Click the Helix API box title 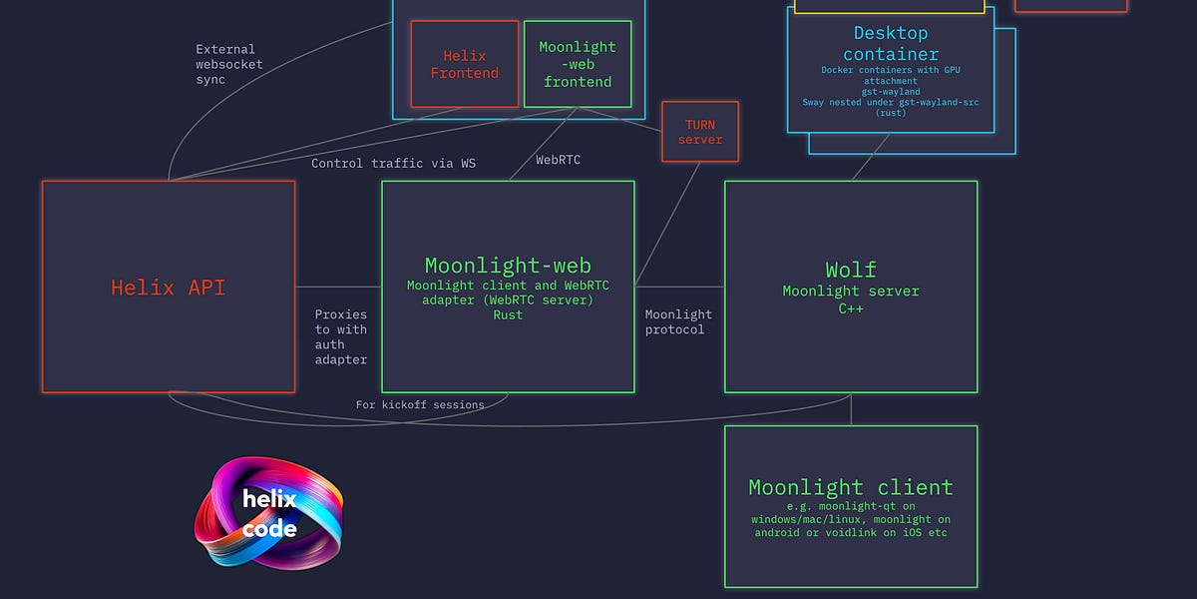[168, 288]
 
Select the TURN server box [699, 132]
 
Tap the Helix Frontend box [464, 64]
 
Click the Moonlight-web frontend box [577, 64]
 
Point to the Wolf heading [850, 270]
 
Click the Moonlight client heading [850, 487]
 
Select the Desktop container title [890, 44]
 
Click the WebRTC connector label [558, 160]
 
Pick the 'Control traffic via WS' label [393, 163]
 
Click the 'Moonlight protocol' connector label [678, 321]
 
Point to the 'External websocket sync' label [229, 64]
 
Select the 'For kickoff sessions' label [419, 404]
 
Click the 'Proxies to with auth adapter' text [341, 336]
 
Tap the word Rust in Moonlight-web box [508, 314]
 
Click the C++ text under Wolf [850, 308]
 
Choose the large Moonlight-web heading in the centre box [508, 266]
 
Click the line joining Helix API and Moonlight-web [338, 287]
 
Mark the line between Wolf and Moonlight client [851, 409]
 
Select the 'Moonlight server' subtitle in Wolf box [850, 292]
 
